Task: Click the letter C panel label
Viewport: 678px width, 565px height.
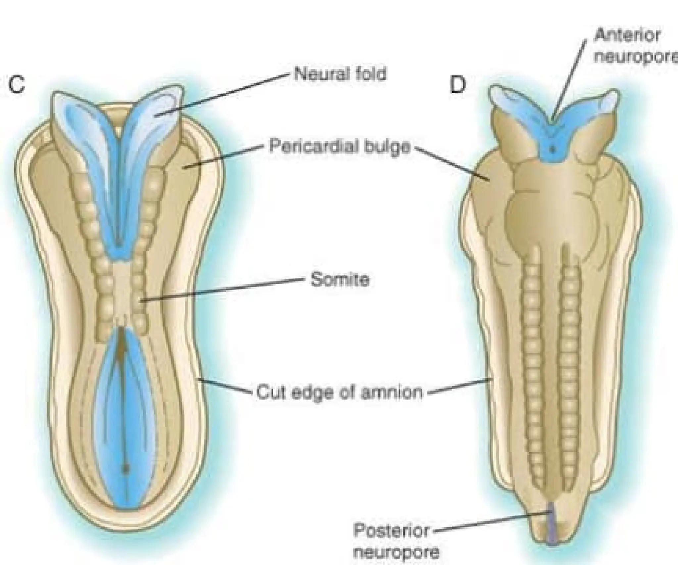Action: click(x=17, y=85)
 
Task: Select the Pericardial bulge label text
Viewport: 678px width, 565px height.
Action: click(x=339, y=146)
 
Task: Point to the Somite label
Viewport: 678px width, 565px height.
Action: click(x=340, y=280)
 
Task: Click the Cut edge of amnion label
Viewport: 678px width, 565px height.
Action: click(x=339, y=393)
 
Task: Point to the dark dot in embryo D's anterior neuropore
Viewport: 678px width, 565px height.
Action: click(x=552, y=149)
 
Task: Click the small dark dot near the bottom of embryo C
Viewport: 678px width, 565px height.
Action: click(x=125, y=468)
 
